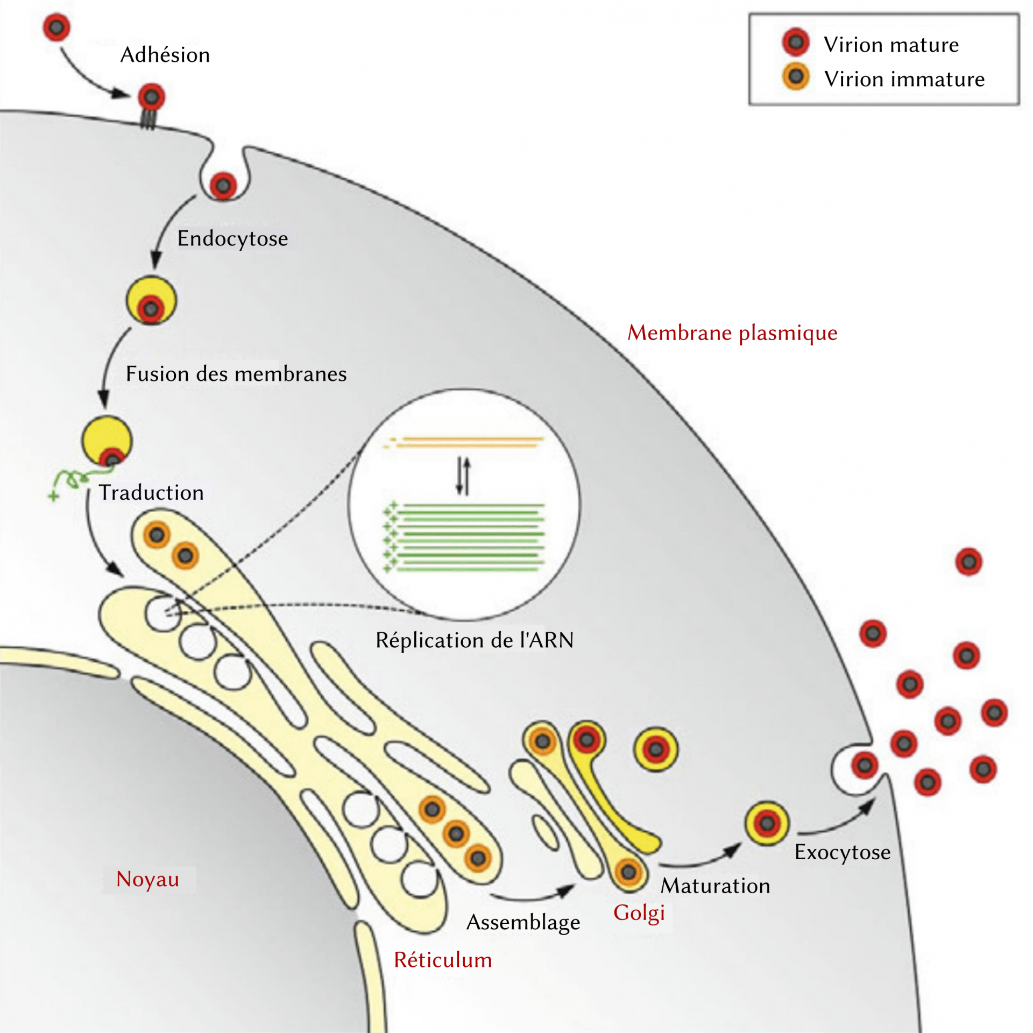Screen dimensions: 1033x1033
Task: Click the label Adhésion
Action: coord(165,55)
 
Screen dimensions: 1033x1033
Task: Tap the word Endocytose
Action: coord(232,238)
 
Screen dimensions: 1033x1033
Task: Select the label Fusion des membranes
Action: coord(236,374)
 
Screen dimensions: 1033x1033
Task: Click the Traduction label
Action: coord(151,493)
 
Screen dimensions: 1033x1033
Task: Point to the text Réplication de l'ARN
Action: coord(475,640)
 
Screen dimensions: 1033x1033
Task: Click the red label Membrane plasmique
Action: coord(732,332)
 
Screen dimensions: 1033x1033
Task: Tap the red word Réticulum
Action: coord(443,960)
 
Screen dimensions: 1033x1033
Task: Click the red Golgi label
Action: coord(639,913)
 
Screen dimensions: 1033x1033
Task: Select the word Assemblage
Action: coord(523,922)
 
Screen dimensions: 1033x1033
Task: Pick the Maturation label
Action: coord(715,886)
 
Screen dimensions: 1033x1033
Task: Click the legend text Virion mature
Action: coord(891,45)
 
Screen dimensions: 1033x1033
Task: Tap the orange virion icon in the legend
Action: coord(796,76)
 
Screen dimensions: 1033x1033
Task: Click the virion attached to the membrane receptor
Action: coord(151,97)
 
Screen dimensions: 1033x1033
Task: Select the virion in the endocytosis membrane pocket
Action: coord(223,186)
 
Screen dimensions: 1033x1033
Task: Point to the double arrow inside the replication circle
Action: coord(463,476)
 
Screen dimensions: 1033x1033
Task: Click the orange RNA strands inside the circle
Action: coord(468,442)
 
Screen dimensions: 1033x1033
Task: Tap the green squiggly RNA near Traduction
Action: coord(73,479)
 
